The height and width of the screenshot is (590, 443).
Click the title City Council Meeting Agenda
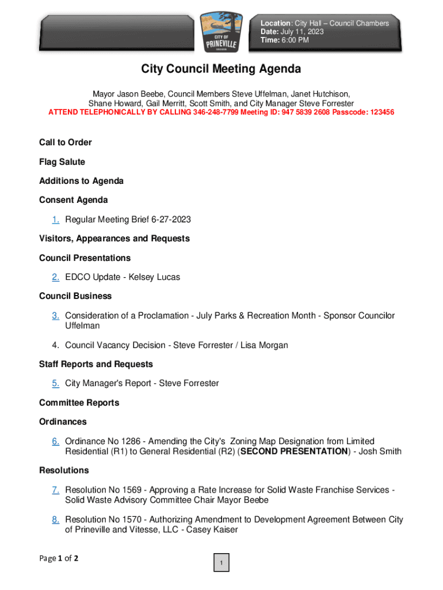[x=221, y=69]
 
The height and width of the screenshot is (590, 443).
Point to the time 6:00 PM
[x=295, y=40]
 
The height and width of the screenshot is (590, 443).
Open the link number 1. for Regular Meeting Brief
[x=55, y=220]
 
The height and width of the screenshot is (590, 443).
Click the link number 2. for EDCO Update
[x=55, y=277]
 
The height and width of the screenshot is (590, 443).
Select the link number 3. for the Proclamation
[x=55, y=316]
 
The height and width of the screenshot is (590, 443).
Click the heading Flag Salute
[x=62, y=162]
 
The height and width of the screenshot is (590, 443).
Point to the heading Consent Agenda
[x=73, y=200]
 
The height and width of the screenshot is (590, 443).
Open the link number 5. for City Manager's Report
[x=55, y=383]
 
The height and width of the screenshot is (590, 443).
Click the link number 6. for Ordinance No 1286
[x=55, y=441]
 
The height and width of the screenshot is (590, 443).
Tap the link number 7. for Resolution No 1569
[x=55, y=490]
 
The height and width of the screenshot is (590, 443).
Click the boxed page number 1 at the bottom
[x=221, y=563]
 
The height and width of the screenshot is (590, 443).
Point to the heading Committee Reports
[x=79, y=403]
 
